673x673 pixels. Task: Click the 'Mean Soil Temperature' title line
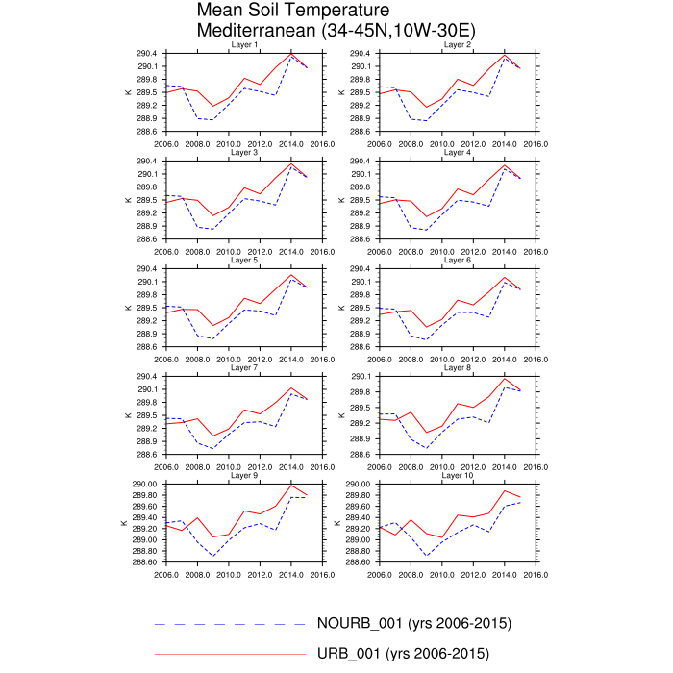(x=295, y=11)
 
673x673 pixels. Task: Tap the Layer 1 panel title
(x=244, y=45)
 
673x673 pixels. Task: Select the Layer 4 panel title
(x=457, y=153)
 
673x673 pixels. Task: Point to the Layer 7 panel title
(x=244, y=368)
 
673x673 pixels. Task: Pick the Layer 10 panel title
(x=457, y=476)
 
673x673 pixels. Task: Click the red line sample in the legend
(x=231, y=654)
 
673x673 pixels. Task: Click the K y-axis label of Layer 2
(x=339, y=92)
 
